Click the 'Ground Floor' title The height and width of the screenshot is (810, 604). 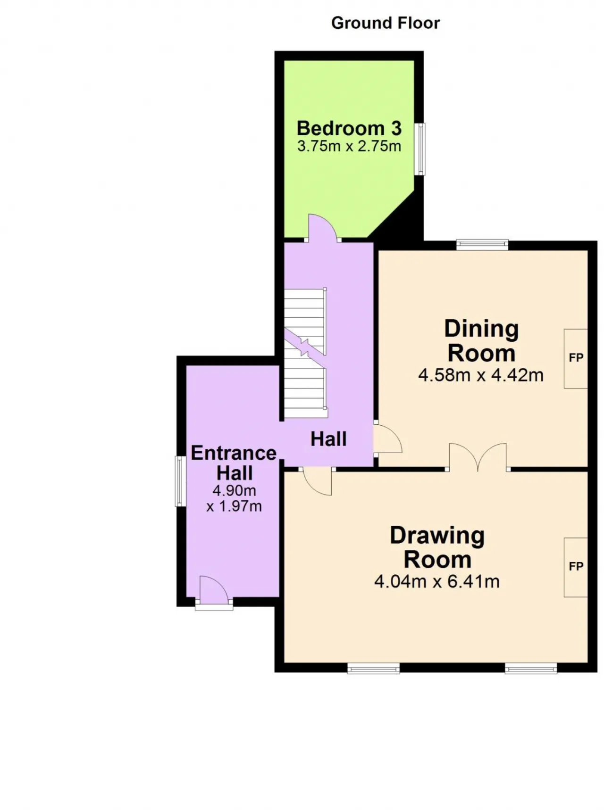coord(385,23)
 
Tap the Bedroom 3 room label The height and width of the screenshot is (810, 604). coord(349,128)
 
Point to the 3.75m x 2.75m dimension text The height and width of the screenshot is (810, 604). coord(349,146)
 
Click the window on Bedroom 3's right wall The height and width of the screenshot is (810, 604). coord(419,149)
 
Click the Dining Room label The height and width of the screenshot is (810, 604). coord(481,341)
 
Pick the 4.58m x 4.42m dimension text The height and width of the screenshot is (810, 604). coord(481,375)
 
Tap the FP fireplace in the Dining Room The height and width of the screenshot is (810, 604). coord(576,358)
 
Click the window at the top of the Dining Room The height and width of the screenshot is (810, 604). coord(482,244)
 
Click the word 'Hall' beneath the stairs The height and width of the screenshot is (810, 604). coord(328,439)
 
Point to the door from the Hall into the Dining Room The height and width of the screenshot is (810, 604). coord(387,438)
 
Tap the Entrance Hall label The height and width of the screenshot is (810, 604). coord(234,463)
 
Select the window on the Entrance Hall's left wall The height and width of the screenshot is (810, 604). coord(180,481)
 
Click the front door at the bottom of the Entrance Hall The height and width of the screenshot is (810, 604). coord(214,592)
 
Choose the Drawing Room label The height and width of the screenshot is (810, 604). coord(437,547)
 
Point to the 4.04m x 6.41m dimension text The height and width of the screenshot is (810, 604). coord(437,582)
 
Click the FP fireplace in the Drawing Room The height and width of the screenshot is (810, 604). coord(576,567)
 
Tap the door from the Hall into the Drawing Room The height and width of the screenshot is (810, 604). coord(317,481)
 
